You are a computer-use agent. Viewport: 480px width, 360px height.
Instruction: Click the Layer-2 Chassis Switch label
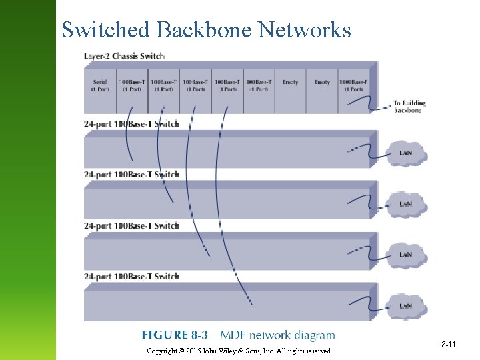124,55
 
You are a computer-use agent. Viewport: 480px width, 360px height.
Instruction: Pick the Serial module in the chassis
100,86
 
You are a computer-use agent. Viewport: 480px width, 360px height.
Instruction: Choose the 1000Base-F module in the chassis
355,86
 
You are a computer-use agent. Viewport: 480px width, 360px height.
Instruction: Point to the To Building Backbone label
409,107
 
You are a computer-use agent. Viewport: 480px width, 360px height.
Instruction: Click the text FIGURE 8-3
175,335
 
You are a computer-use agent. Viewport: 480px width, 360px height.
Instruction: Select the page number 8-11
448,345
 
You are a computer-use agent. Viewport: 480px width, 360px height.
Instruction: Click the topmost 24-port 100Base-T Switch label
131,124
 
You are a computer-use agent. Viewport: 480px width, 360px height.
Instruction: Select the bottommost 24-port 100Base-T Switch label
131,276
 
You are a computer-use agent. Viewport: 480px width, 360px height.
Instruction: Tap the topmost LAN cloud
405,153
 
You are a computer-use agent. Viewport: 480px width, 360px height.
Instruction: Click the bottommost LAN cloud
405,306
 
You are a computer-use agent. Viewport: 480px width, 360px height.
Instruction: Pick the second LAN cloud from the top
405,204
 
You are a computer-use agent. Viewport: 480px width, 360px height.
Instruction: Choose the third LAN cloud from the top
405,255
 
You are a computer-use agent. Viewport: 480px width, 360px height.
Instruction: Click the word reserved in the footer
317,351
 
